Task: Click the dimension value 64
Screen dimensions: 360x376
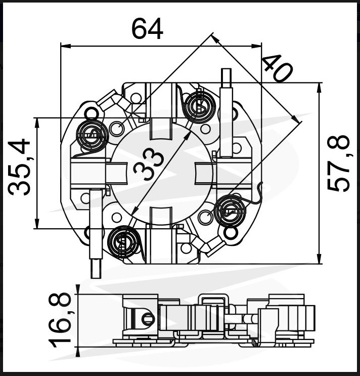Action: [x=147, y=29]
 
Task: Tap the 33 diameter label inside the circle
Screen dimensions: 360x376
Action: [x=149, y=164]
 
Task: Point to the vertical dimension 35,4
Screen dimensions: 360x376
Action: [x=19, y=167]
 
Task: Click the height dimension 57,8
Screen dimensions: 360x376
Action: [x=338, y=163]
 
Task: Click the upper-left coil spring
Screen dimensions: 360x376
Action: [x=93, y=136]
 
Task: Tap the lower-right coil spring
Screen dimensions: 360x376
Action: [x=230, y=211]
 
